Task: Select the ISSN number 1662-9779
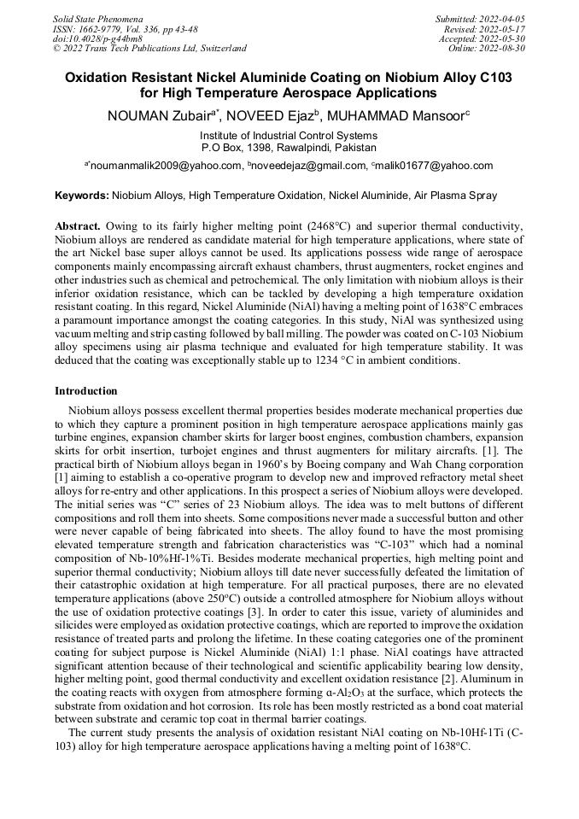click(103, 28)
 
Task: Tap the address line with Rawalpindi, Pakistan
click(289, 147)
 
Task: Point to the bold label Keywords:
click(82, 196)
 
